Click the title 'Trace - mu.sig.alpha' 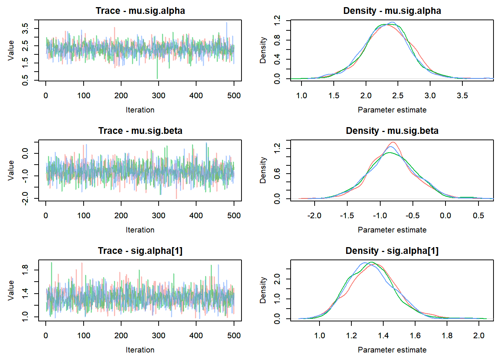pyautogui.click(x=140, y=10)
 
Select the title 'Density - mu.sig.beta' pyautogui.click(x=392, y=130)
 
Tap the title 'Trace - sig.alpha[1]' pyautogui.click(x=140, y=250)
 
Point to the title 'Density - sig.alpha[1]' pyautogui.click(x=392, y=250)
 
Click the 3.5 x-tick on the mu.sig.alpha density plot pyautogui.click(x=462, y=96)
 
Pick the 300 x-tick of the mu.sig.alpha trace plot pyautogui.click(x=159, y=96)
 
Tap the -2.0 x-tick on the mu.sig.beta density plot pyautogui.click(x=314, y=216)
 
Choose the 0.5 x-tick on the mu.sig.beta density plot pyautogui.click(x=478, y=216)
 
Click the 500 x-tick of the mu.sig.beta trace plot pyautogui.click(x=234, y=216)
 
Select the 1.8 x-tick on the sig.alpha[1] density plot pyautogui.click(x=447, y=336)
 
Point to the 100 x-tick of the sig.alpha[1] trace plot pyautogui.click(x=84, y=336)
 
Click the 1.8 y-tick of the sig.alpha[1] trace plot pyautogui.click(x=25, y=270)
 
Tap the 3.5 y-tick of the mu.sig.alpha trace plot pyautogui.click(x=25, y=28)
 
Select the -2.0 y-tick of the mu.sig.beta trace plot pyautogui.click(x=25, y=198)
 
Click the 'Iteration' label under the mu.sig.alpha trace pyautogui.click(x=140, y=110)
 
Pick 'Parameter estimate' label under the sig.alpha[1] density pyautogui.click(x=392, y=350)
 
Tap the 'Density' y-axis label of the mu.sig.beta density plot pyautogui.click(x=263, y=170)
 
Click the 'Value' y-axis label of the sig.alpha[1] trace pyautogui.click(x=11, y=290)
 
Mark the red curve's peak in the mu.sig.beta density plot pyautogui.click(x=393, y=142)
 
